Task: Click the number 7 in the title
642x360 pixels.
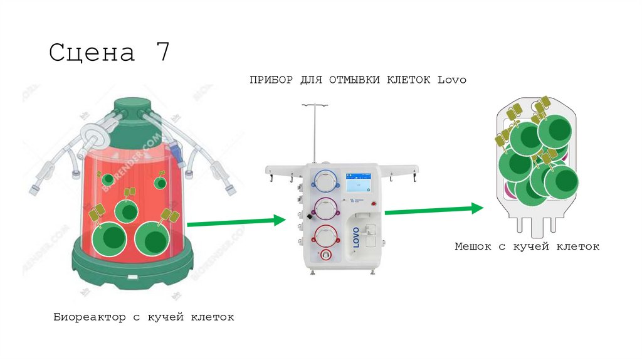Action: tap(162, 52)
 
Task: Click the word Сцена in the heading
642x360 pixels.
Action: tap(92, 53)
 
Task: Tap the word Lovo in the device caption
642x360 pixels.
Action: tap(451, 80)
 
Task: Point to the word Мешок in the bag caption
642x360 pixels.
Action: tap(474, 246)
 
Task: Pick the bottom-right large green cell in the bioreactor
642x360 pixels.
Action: tap(152, 238)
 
